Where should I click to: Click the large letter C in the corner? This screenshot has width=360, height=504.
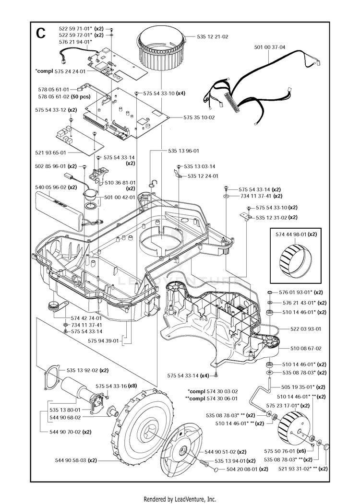point(41,33)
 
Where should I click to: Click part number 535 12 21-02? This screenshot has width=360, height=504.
point(212,36)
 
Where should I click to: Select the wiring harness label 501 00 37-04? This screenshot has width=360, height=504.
point(270,47)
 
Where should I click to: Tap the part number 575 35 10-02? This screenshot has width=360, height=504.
point(199,117)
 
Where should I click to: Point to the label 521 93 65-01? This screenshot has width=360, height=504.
point(50,152)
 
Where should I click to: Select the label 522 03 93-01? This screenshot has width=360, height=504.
point(306,329)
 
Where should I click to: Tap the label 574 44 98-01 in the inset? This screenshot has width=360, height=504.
point(291,234)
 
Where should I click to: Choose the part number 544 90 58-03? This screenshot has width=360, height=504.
point(71,460)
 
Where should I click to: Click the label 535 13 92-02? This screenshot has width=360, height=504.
point(82,370)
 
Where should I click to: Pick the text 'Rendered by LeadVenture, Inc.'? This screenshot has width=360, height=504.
point(180,499)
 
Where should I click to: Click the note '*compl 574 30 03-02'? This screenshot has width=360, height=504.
point(213,391)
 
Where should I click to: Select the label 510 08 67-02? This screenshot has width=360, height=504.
point(306,348)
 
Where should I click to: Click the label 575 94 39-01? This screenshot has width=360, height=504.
point(103,340)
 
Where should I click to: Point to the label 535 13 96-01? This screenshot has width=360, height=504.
point(184,151)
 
